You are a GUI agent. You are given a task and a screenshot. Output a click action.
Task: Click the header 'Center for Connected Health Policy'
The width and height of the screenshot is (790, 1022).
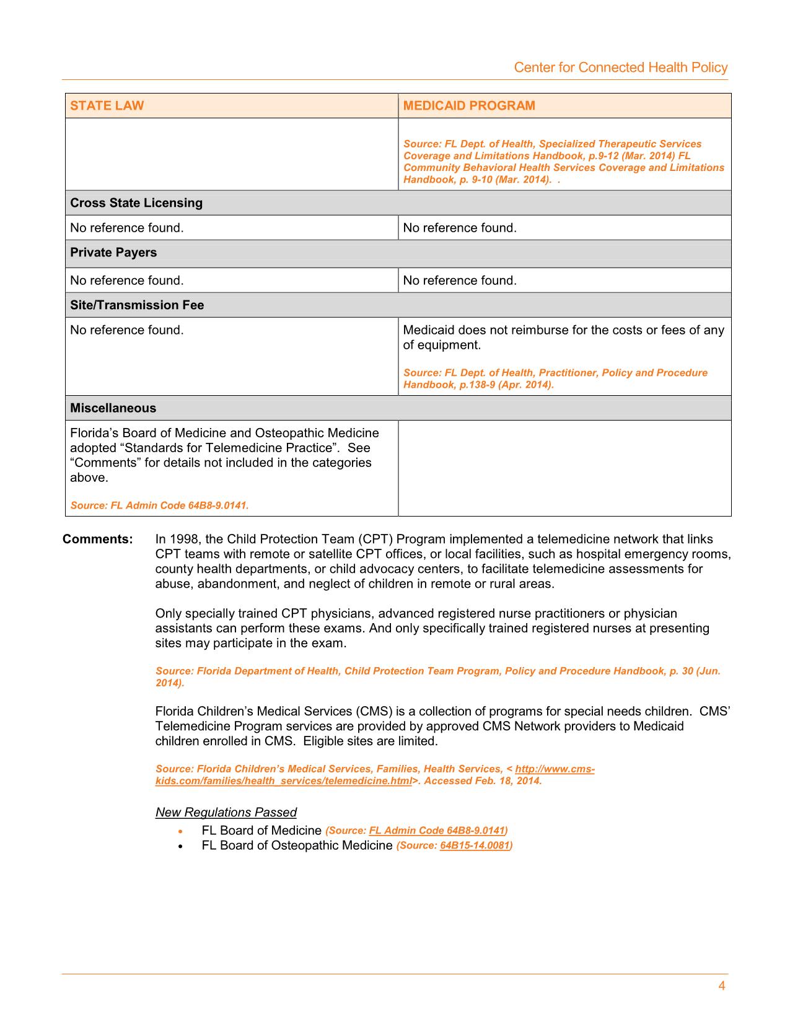coord(620,68)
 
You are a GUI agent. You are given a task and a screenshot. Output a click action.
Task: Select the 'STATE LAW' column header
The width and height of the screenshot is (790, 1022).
coord(107,105)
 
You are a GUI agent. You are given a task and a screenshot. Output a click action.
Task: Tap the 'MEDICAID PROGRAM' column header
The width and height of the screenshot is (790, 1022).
coord(469,105)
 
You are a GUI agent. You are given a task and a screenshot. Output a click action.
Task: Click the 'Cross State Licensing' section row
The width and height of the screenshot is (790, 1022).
coord(136,203)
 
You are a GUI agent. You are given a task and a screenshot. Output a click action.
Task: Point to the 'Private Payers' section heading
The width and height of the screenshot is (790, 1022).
coord(113,253)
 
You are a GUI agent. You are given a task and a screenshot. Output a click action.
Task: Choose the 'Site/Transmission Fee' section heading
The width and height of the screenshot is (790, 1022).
coord(137,305)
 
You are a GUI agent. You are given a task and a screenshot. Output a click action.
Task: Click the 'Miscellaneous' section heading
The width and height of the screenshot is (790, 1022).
coord(113,408)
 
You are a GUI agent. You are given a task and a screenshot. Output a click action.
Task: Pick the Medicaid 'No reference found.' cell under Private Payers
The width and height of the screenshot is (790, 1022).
coord(460,281)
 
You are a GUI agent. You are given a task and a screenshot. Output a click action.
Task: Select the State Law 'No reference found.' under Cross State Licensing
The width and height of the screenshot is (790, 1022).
coord(127,228)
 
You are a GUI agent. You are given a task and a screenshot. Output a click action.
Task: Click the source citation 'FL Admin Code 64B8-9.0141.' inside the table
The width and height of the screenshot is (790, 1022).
coord(159,505)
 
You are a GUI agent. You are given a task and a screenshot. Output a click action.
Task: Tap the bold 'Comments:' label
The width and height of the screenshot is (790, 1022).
coord(98,539)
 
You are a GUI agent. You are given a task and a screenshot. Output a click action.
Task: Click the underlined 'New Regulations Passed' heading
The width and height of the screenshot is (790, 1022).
coord(226,812)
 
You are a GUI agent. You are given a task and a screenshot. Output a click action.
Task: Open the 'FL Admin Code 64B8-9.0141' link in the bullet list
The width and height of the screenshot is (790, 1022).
coord(437,831)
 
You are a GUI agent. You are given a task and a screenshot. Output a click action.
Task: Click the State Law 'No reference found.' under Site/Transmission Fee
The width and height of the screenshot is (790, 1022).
coord(127,330)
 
